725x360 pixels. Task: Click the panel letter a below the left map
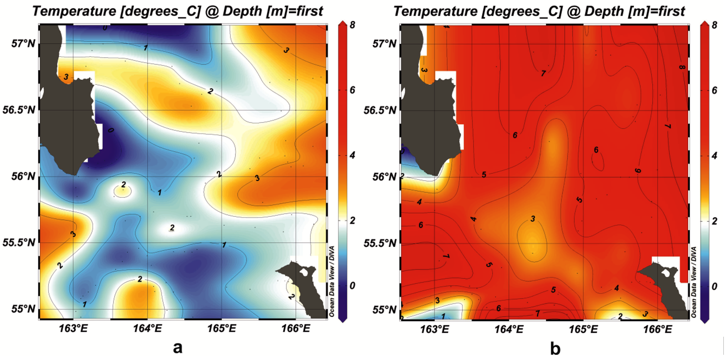tap(177, 348)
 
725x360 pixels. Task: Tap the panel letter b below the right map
tap(555, 348)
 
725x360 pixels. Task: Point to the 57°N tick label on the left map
tap(23, 43)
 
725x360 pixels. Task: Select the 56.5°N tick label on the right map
tap(380, 110)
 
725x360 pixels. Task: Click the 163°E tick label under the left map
tap(73, 329)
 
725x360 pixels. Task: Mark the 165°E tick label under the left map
tap(221, 329)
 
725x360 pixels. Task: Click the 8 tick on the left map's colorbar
tap(352, 25)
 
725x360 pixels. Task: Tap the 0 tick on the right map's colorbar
tap(714, 286)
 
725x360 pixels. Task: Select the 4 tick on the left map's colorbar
tap(352, 155)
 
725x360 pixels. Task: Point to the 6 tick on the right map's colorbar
tap(714, 90)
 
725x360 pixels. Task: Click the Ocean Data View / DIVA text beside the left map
tap(332, 281)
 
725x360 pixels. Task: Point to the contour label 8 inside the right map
tap(682, 67)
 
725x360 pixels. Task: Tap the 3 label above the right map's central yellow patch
tap(533, 219)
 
